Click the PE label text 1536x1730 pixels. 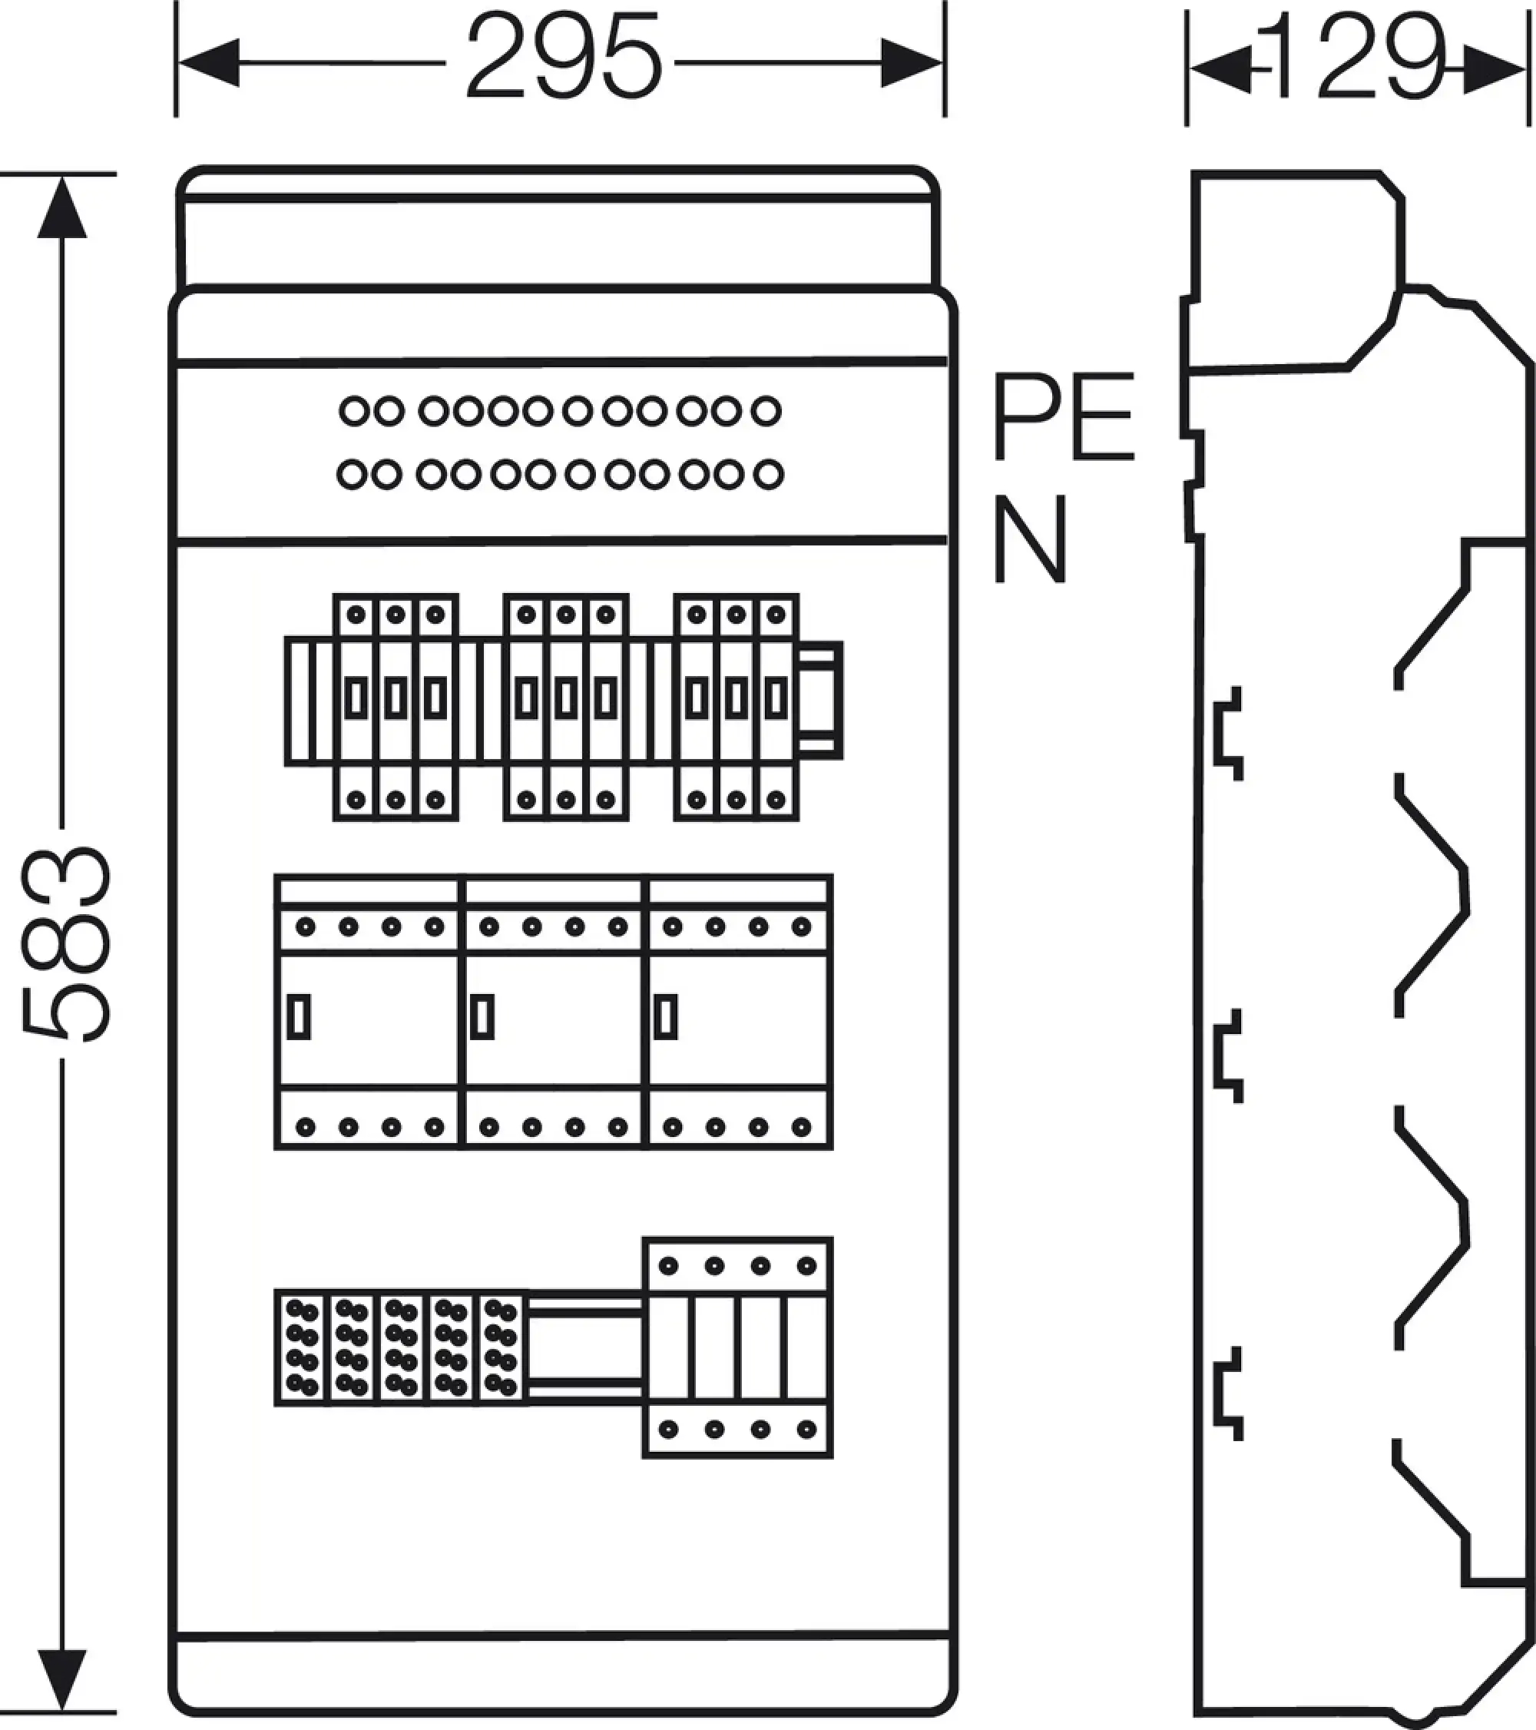point(1062,416)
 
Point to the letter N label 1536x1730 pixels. point(1028,539)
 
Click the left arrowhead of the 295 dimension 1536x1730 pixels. point(208,63)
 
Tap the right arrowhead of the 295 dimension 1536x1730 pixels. point(912,63)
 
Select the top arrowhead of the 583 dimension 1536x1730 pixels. point(61,208)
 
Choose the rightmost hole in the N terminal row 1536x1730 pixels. point(767,475)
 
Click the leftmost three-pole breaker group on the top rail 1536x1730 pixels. point(396,707)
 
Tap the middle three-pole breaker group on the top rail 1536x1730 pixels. point(566,707)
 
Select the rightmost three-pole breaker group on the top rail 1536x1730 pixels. point(737,707)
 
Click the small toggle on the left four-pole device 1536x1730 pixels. point(299,1016)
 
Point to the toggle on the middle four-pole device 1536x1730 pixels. point(482,1016)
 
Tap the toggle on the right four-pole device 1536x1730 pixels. point(666,1016)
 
